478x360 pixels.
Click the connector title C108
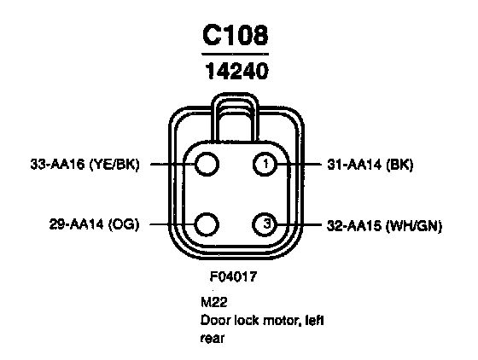(235, 35)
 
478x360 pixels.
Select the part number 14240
(237, 71)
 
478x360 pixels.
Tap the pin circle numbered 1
(265, 164)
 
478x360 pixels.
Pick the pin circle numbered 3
(265, 224)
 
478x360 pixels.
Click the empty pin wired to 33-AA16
(207, 164)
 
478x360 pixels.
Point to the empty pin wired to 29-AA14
(207, 224)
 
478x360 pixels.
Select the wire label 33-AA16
(57, 165)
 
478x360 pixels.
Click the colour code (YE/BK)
(114, 165)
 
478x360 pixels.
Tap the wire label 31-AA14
(354, 165)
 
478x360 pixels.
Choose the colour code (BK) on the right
(399, 165)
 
